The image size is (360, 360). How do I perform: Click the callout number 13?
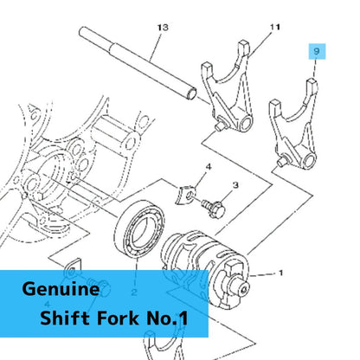click(163, 28)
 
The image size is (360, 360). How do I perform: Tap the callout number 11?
click(275, 27)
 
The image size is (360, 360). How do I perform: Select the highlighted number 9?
click(317, 51)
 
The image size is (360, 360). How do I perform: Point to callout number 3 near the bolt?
click(235, 185)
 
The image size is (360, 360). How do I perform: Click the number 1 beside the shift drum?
click(280, 273)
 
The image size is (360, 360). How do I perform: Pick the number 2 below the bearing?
click(134, 292)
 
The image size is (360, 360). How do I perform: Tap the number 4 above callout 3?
click(209, 167)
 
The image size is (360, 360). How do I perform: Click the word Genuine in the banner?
click(61, 289)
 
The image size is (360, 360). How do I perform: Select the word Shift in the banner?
click(65, 318)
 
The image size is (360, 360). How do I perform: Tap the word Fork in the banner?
click(118, 318)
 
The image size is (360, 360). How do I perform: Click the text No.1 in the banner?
click(167, 318)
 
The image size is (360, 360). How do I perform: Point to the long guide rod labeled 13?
click(138, 62)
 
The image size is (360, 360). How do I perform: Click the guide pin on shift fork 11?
click(220, 125)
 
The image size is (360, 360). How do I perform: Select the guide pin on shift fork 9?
click(282, 162)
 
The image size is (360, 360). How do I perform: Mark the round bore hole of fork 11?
click(246, 124)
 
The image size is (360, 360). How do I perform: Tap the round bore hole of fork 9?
click(309, 160)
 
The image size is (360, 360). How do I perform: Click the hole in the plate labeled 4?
click(190, 196)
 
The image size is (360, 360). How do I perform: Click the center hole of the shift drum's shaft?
click(244, 289)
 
